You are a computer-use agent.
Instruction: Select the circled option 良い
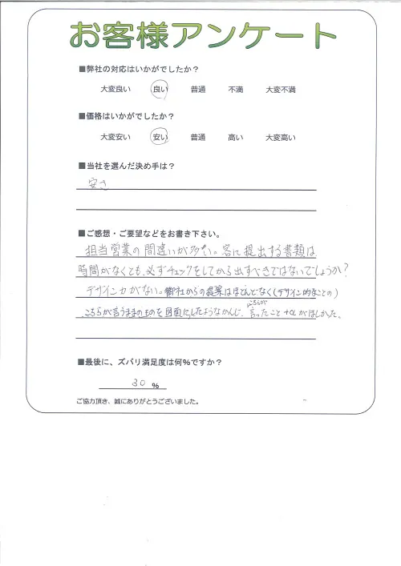tap(160, 90)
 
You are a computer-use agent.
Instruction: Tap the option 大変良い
tap(115, 90)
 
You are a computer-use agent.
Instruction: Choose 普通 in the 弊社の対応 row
tap(198, 90)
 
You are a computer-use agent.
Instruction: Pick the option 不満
tap(236, 90)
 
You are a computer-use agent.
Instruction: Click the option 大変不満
tap(281, 90)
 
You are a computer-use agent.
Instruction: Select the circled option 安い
tap(160, 137)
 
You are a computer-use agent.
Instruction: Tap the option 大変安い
tap(115, 138)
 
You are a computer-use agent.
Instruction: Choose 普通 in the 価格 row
tap(198, 138)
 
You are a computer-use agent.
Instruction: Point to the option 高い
tap(236, 138)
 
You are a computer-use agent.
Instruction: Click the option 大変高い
tap(281, 138)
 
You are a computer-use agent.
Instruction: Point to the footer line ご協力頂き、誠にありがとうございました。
tap(137, 401)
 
